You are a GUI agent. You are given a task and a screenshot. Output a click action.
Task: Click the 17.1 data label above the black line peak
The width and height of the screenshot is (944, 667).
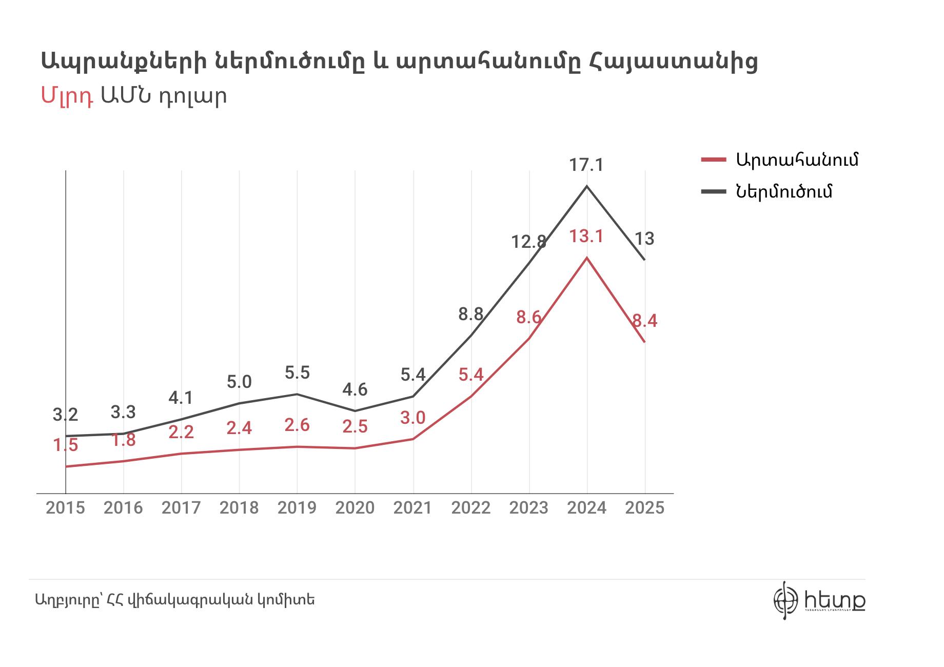[x=586, y=165]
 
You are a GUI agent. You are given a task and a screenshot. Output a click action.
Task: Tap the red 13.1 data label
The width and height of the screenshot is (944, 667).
[x=586, y=237]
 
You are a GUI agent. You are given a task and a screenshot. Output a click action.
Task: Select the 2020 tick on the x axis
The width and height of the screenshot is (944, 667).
[x=355, y=508]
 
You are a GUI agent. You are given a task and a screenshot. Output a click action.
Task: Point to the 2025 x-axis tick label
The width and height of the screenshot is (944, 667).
[x=644, y=508]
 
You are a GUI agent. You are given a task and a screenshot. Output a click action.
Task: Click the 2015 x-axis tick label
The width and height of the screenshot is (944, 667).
[x=66, y=508]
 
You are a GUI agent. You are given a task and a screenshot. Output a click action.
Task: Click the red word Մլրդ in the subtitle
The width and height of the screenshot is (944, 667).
[x=67, y=96]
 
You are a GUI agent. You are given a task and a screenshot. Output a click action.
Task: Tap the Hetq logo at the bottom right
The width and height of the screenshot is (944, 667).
[x=819, y=599]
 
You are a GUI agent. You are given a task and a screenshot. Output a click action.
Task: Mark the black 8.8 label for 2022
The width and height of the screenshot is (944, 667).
[x=470, y=314]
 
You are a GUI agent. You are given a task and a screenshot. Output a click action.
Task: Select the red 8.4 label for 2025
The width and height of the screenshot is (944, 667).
[x=644, y=321]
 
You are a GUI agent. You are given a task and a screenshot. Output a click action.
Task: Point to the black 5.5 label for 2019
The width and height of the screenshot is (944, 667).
[x=297, y=372]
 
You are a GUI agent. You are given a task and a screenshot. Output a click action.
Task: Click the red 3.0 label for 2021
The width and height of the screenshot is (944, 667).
[x=413, y=418]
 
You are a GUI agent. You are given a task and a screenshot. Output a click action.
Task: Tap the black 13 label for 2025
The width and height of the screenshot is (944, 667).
[x=644, y=239]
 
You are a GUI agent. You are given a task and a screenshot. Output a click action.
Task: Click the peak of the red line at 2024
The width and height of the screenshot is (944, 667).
[x=586, y=258]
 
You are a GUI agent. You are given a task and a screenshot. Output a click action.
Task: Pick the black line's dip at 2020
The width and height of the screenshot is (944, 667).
[x=355, y=410]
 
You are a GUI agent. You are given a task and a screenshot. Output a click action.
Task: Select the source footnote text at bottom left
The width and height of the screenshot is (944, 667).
[x=175, y=599]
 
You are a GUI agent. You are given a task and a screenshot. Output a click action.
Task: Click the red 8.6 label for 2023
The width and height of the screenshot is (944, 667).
[x=529, y=318]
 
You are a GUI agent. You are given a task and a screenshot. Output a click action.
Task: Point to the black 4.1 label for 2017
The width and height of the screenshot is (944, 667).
[x=181, y=398]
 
